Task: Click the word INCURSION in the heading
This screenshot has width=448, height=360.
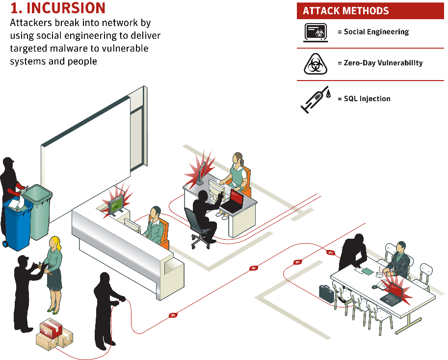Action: (66, 8)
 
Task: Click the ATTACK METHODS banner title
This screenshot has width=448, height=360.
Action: (346, 11)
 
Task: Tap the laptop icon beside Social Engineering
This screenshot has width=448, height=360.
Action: (316, 32)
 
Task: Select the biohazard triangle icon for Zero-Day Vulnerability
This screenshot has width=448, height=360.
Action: (315, 64)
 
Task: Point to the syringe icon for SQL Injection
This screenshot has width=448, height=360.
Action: (316, 100)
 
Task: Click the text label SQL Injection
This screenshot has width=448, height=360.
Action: (367, 99)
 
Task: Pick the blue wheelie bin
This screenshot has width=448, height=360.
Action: (17, 223)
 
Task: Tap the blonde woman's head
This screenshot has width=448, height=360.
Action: (55, 243)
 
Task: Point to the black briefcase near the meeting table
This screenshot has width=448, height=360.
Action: (326, 293)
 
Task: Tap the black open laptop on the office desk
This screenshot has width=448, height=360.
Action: (233, 201)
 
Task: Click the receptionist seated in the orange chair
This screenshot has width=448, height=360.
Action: (156, 225)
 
